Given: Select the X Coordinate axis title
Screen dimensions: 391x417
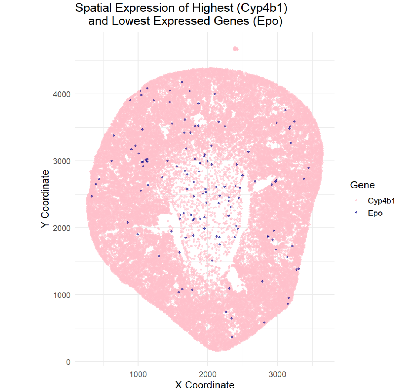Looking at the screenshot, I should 204,385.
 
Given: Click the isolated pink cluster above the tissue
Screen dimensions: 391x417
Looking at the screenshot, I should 235,49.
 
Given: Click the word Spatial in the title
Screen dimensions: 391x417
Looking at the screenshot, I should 90,8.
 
